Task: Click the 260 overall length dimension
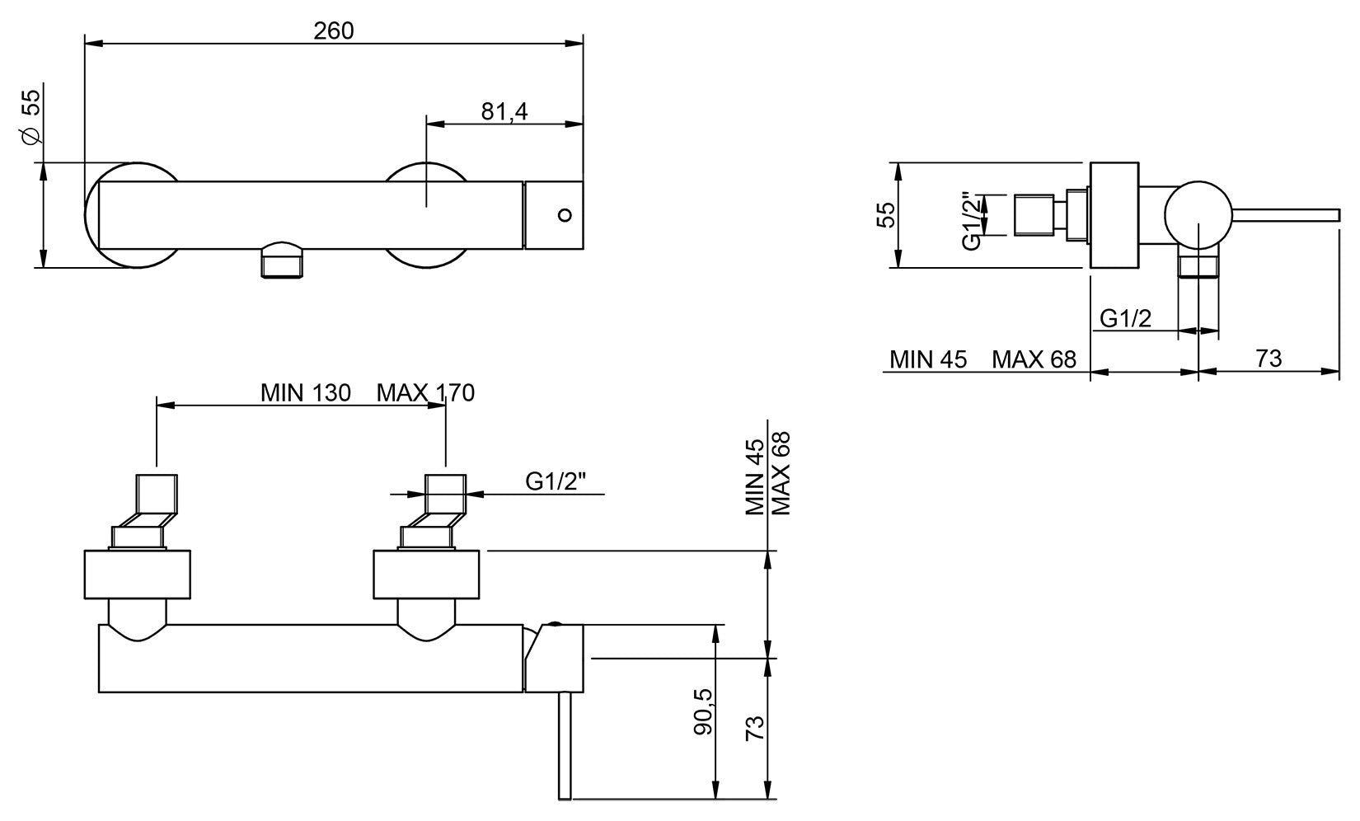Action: (x=333, y=31)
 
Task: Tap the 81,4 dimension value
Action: (x=504, y=112)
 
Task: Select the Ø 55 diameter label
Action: (x=31, y=116)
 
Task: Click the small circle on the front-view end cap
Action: (x=565, y=215)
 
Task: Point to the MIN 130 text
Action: (x=306, y=393)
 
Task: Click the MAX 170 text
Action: (x=425, y=393)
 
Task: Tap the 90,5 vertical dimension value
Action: (x=703, y=711)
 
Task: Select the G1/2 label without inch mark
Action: (x=1126, y=318)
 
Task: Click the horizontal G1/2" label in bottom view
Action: (x=556, y=481)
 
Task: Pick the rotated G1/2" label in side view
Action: (x=972, y=221)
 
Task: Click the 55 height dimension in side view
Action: (x=886, y=214)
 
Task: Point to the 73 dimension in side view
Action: (x=1269, y=359)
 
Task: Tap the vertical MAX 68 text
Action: (x=781, y=473)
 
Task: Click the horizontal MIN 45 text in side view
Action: (x=928, y=359)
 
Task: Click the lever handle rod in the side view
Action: (x=1285, y=215)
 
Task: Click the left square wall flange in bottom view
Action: (x=137, y=575)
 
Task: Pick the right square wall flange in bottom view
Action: (x=426, y=575)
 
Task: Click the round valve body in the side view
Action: (x=1198, y=215)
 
